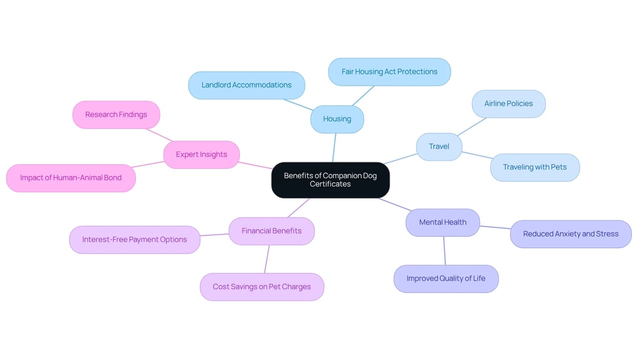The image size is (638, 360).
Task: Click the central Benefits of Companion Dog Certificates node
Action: (330, 180)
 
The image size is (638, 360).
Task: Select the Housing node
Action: (337, 119)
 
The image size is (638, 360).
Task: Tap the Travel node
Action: (439, 147)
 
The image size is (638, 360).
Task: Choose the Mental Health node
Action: (443, 222)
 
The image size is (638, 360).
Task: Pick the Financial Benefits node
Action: (272, 231)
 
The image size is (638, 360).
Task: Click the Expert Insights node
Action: (202, 155)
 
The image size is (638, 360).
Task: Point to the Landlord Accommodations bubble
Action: (247, 85)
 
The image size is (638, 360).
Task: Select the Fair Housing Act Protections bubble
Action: (390, 72)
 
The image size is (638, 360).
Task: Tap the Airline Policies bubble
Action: (509, 104)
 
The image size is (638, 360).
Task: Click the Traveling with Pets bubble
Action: (535, 167)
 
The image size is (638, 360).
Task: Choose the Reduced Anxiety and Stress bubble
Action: (571, 234)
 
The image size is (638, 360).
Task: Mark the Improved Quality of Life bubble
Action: (446, 279)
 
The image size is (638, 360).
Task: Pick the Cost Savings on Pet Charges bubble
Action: (262, 287)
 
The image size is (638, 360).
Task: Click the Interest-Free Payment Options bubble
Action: (135, 239)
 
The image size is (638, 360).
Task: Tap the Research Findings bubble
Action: (116, 115)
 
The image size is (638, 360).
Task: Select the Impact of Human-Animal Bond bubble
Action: (71, 178)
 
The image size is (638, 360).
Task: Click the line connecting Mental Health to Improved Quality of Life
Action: (445, 251)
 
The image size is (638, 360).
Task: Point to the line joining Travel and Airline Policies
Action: (472, 127)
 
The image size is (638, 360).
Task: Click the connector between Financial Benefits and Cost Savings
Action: (267, 259)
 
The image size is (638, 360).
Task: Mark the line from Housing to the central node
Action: (334, 148)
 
